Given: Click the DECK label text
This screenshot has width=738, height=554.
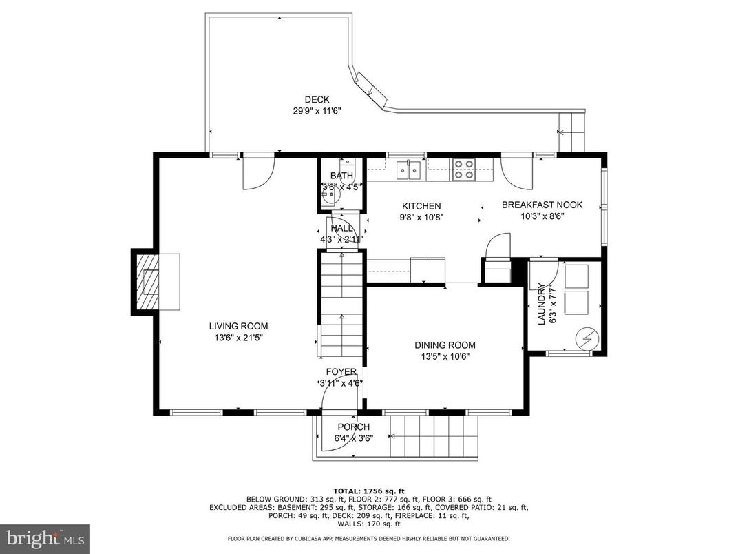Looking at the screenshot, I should (317, 99).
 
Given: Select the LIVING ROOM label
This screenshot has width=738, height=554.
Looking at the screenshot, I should (239, 327).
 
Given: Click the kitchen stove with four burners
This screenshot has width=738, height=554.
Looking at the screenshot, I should (463, 170).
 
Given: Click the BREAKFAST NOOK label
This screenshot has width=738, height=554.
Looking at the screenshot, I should (542, 205).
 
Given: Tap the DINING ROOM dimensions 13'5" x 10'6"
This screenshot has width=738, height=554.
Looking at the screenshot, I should (445, 356).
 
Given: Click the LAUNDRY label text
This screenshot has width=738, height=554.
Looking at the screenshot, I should (540, 304).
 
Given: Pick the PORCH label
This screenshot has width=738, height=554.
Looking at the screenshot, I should (353, 427).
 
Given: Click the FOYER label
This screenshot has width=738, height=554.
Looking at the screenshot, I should (341, 372).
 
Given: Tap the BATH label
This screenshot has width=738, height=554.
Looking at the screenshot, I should (341, 176).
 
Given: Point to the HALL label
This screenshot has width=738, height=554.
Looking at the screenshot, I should (342, 228).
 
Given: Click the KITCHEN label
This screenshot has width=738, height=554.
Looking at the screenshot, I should (421, 206).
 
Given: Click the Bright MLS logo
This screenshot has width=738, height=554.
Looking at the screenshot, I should (45, 538).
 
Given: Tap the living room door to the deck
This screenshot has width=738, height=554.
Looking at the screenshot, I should (258, 171).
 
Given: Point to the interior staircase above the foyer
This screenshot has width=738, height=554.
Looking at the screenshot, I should (340, 303).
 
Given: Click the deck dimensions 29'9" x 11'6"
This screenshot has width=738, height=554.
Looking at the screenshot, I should (317, 110).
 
